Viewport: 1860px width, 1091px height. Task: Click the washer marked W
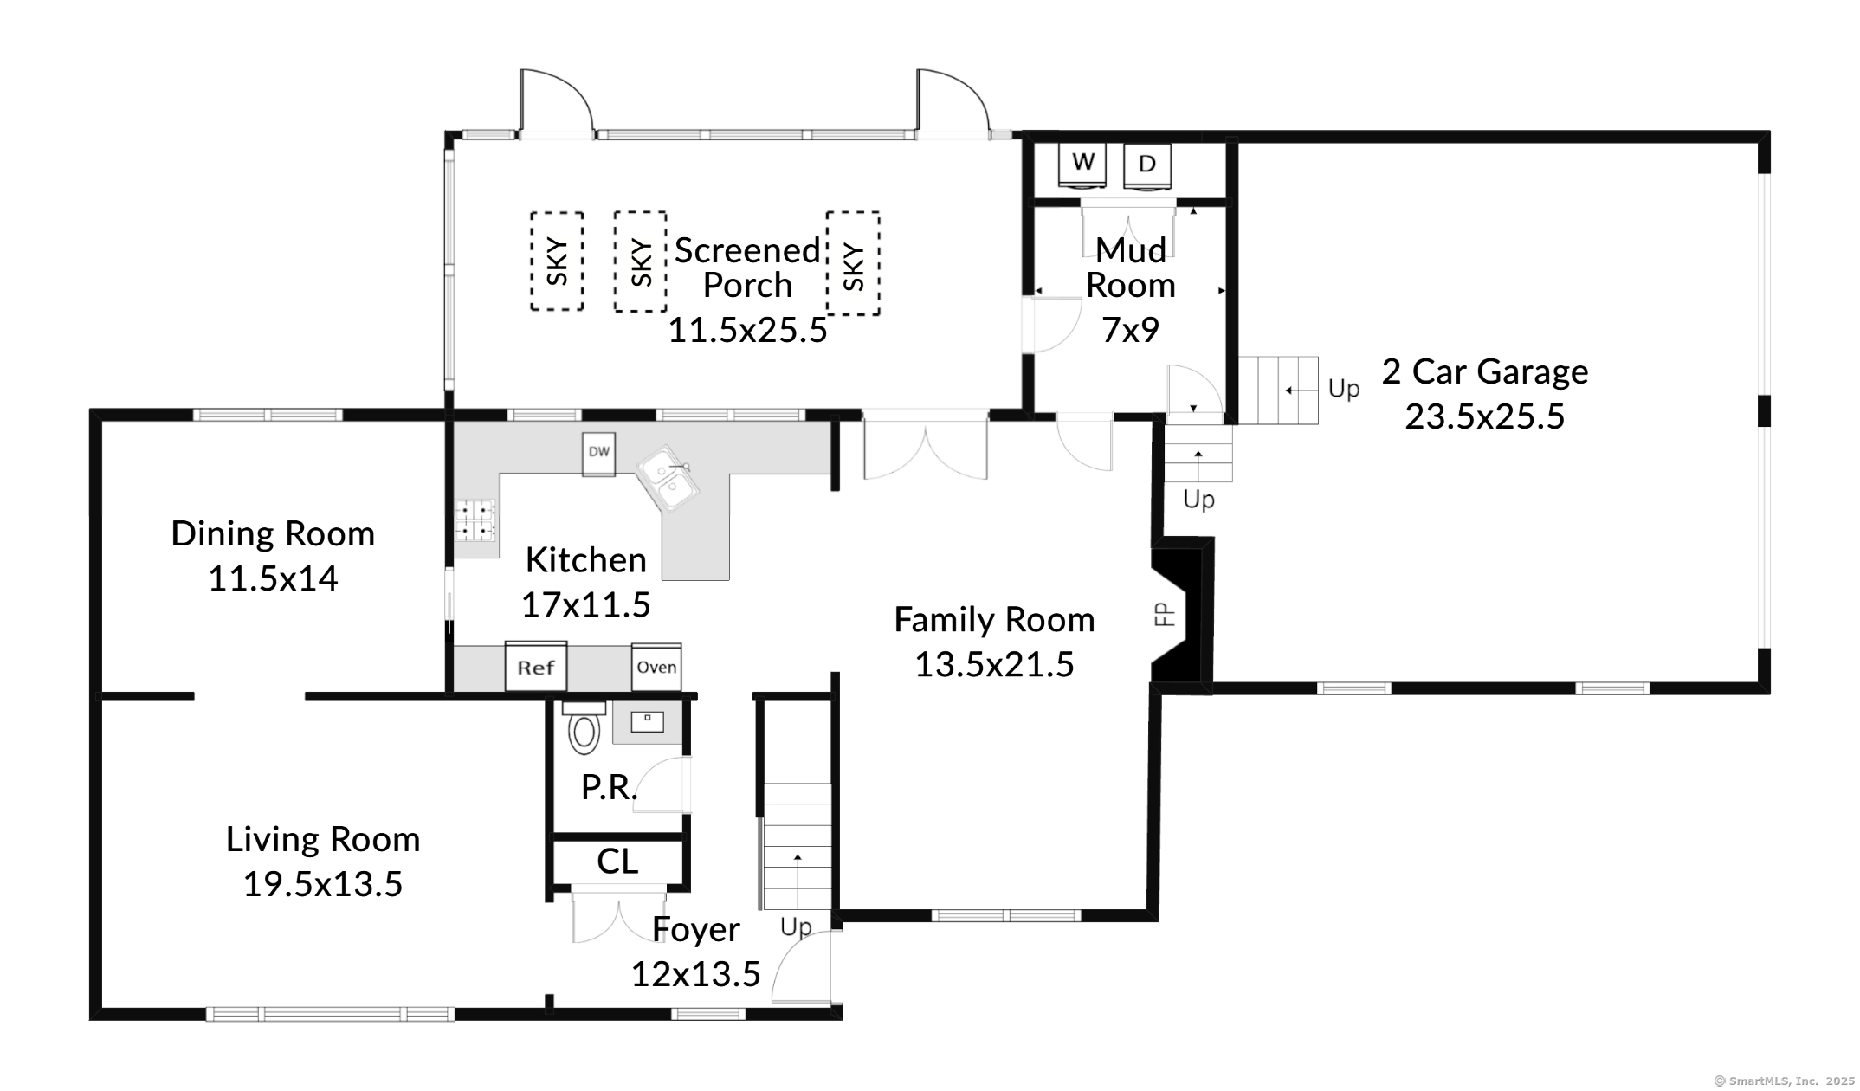coord(1083,165)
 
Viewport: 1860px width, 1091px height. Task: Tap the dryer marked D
coord(1147,165)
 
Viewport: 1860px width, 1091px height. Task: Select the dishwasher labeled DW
coord(599,454)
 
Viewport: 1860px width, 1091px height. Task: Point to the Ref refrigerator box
coord(536,666)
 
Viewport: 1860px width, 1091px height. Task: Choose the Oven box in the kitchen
coord(656,667)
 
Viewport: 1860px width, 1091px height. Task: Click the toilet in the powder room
coord(584,727)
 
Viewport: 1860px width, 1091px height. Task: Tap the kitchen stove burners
coord(476,520)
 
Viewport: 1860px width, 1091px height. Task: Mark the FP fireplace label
coord(1165,615)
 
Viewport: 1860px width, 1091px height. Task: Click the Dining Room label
coord(273,533)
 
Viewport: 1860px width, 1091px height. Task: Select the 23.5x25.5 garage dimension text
coord(1484,416)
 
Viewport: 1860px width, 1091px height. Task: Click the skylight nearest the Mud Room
coord(854,263)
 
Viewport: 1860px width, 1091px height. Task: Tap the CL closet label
coord(617,862)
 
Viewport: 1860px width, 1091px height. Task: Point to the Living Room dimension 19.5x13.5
coord(323,884)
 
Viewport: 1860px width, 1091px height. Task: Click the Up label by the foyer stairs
coord(796,927)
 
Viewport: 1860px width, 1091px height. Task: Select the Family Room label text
coord(994,620)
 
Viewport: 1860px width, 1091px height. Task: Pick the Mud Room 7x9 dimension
coord(1130,330)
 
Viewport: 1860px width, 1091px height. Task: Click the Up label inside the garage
coord(1344,390)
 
